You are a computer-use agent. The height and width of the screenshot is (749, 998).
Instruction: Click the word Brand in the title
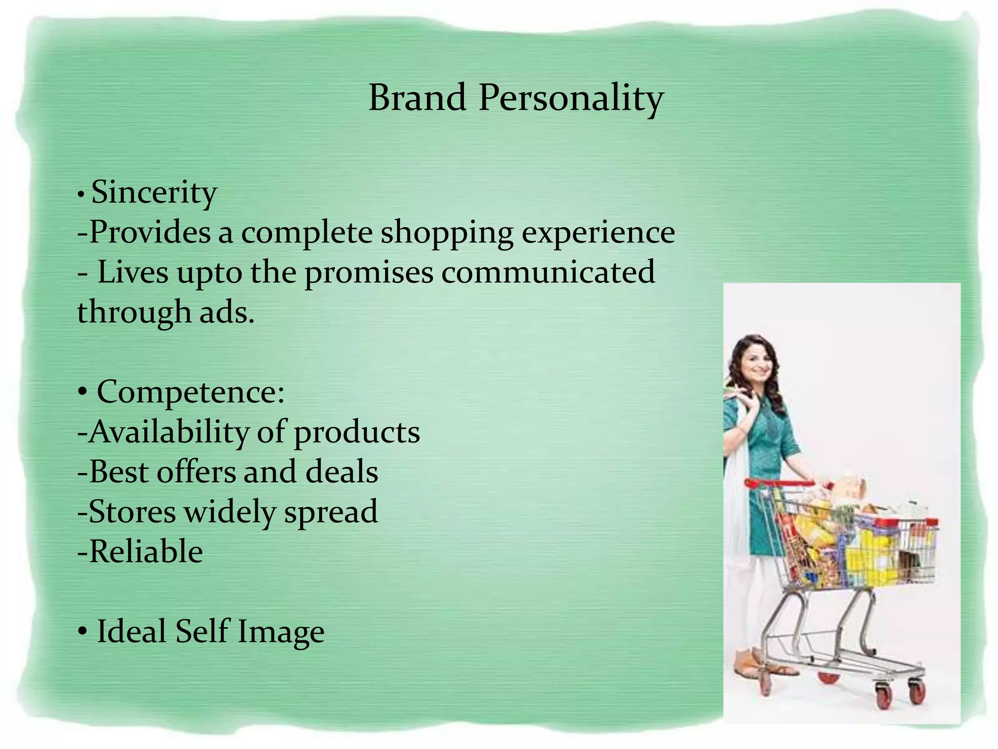(417, 98)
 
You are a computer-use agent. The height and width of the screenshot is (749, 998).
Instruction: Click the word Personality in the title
(571, 99)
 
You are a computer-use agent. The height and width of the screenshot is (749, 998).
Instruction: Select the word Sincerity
(154, 193)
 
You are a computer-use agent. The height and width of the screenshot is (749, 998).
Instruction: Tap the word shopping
(447, 233)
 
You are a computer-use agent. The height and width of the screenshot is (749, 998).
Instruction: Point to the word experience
(598, 233)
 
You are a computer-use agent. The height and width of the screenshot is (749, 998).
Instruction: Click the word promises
(369, 273)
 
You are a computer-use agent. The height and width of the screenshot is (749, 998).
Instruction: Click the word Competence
(191, 392)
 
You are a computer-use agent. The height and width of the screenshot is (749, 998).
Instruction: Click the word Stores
(132, 512)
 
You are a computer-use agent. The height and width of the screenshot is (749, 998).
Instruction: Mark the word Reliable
(146, 552)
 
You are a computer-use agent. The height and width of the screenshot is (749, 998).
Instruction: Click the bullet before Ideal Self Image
(83, 632)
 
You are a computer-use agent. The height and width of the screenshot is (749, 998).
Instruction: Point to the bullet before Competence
(83, 393)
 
